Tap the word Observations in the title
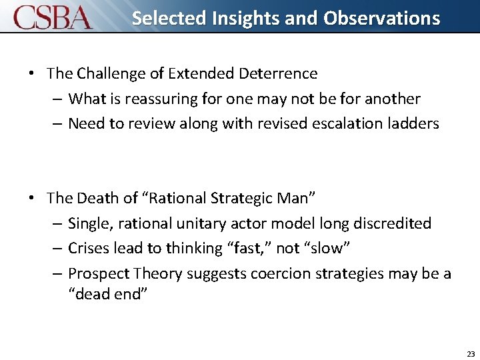coord(382,18)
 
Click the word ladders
coord(413,123)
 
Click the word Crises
coord(89,248)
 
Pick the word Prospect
coord(99,273)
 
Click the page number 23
coord(471,354)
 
